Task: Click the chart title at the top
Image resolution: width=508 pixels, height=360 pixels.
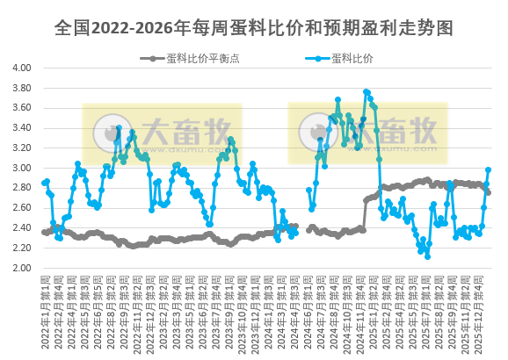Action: [253, 28]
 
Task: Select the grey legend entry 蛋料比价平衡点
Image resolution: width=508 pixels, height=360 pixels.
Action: [199, 59]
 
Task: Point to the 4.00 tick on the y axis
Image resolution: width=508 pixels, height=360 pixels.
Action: [22, 68]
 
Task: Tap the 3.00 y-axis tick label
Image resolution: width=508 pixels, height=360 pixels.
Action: [22, 169]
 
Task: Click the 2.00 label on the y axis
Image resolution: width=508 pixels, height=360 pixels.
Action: [22, 269]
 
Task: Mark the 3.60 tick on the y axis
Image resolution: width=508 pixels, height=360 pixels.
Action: [22, 108]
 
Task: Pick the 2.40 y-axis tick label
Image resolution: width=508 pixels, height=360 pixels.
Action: [22, 228]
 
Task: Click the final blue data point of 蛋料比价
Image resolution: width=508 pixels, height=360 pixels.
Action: [488, 170]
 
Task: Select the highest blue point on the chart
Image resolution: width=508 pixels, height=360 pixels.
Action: [366, 91]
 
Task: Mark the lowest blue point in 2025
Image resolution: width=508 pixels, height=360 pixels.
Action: [427, 256]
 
